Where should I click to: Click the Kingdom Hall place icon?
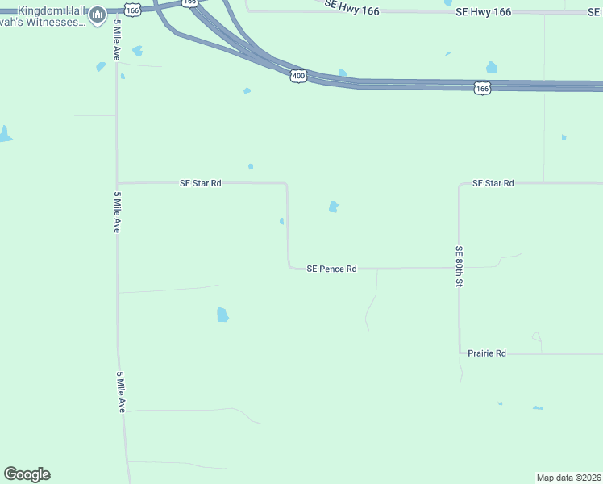click(x=98, y=15)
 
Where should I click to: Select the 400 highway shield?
click(x=298, y=75)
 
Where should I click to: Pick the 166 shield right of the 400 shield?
click(x=482, y=88)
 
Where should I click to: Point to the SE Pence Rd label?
click(x=331, y=269)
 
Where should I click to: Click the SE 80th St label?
click(x=458, y=267)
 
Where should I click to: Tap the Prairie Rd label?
click(x=487, y=353)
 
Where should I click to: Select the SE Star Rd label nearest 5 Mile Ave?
click(x=200, y=183)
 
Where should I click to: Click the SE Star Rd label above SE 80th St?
click(x=493, y=183)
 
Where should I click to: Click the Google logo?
click(x=27, y=474)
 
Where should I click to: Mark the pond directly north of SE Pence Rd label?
click(x=334, y=207)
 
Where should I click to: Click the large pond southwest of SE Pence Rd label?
click(x=222, y=314)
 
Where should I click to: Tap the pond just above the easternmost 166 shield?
click(x=492, y=68)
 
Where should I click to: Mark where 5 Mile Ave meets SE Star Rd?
click(x=118, y=183)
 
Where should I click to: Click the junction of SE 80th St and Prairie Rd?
click(x=460, y=353)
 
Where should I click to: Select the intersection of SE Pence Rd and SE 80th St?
click(x=460, y=268)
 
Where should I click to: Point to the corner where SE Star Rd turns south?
click(x=287, y=184)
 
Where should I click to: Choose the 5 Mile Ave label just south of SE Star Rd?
click(x=118, y=212)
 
